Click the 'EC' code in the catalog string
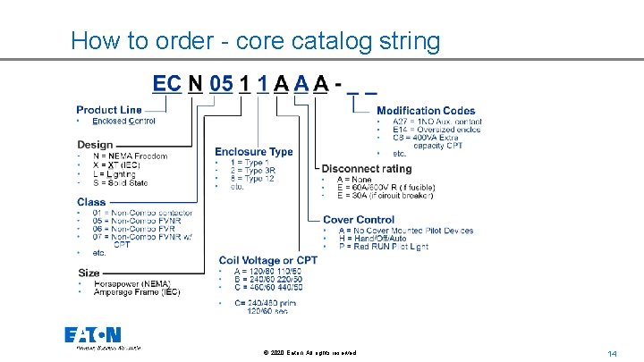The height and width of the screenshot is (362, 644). (167, 84)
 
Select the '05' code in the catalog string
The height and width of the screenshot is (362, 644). (221, 84)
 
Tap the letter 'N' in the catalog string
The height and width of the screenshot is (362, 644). (195, 84)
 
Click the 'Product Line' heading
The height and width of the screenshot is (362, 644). (109, 109)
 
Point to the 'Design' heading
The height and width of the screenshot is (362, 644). (95, 144)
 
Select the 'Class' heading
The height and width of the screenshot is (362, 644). (91, 202)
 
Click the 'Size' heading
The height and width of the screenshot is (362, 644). (89, 272)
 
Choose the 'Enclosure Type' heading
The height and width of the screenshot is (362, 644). (253, 152)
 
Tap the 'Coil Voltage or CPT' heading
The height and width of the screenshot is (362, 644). (267, 260)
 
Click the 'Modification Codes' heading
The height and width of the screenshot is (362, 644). (426, 110)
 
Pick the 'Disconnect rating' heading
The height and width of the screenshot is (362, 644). (367, 168)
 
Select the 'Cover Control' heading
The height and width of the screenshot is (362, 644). (358, 220)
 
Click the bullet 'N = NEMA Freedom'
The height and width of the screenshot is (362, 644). (130, 156)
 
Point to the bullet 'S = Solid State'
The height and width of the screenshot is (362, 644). (123, 183)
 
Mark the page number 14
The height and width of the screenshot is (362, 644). (613, 354)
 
